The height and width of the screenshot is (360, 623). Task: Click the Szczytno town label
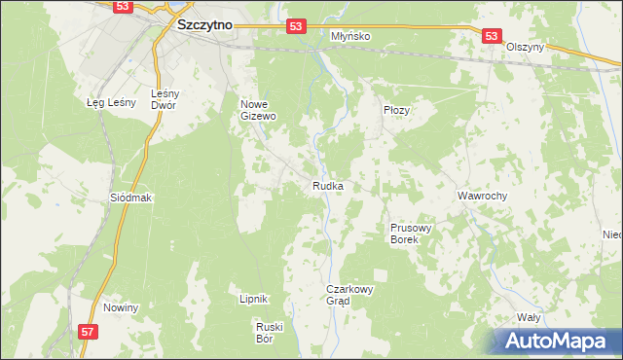point(203,26)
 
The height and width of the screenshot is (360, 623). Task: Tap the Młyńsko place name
point(350,36)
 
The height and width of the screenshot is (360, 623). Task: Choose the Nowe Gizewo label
point(259,109)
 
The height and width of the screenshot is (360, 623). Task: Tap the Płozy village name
point(396,111)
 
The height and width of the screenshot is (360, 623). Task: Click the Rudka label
point(327,186)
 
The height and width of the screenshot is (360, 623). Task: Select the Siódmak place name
point(131,197)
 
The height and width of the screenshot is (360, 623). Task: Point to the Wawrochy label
point(483,196)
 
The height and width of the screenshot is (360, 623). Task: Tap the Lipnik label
point(253,300)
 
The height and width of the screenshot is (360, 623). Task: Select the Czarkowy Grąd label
point(350,295)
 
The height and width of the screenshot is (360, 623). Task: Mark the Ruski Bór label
point(267,332)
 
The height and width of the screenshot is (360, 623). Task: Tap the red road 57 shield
point(88,332)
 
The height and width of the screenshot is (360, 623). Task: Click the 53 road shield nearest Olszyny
point(491,36)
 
